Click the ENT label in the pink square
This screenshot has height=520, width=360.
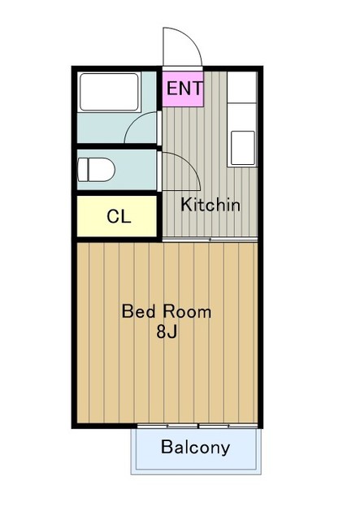(x=184, y=89)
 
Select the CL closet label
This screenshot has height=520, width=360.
(x=119, y=217)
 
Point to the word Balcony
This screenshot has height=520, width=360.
(x=195, y=448)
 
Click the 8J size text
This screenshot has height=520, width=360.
(x=167, y=331)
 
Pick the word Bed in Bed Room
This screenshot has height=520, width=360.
(x=138, y=311)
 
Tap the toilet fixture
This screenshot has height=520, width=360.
(x=96, y=170)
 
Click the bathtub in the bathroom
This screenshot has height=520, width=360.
(x=109, y=92)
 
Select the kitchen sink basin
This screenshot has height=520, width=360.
(x=243, y=148)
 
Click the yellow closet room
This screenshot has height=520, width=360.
(x=117, y=216)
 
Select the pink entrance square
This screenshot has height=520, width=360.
(x=183, y=89)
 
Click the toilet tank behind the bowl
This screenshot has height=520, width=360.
(x=82, y=170)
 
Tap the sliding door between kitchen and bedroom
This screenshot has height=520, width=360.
(x=210, y=239)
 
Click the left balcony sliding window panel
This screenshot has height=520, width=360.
(x=167, y=426)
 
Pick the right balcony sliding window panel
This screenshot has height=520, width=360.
(x=228, y=426)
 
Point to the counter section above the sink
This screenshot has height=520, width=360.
(x=242, y=88)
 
